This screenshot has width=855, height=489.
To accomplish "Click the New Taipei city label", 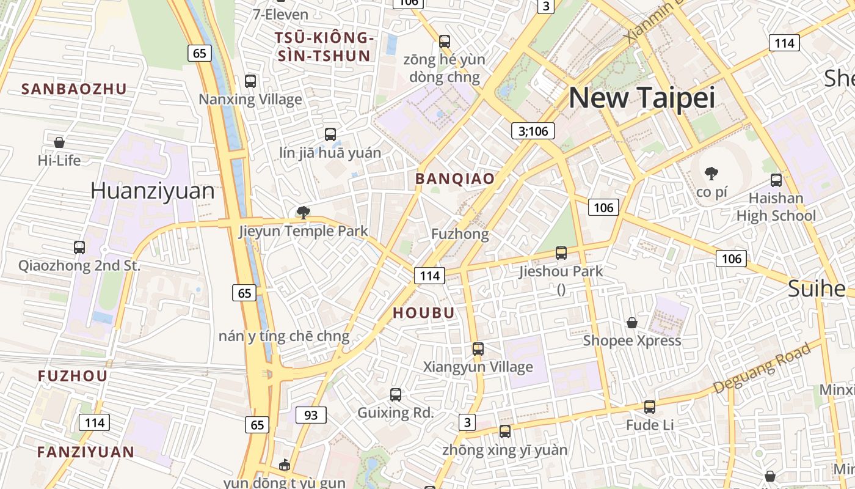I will [641, 98].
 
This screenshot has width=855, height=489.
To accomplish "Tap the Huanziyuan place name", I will [152, 191].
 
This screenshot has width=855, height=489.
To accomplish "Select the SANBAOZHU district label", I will [74, 89].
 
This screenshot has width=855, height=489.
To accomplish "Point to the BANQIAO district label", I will [454, 178].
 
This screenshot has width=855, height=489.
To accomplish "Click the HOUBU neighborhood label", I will [423, 313].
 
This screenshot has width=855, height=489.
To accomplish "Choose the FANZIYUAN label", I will [85, 452].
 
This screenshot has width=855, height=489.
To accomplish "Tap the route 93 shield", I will [311, 415].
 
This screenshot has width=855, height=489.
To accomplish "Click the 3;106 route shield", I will [533, 131].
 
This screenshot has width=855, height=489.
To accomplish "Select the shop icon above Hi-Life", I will [59, 142].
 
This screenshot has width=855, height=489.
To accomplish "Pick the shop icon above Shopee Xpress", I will [632, 322].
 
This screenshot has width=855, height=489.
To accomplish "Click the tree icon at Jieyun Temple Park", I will [303, 213].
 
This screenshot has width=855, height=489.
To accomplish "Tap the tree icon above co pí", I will [711, 174].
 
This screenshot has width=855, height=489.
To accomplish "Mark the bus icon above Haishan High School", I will [776, 180].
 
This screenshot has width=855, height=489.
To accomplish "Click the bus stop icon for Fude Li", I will [650, 406].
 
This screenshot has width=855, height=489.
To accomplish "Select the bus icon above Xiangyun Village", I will [478, 349].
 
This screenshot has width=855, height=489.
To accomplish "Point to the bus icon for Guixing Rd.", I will [396, 395].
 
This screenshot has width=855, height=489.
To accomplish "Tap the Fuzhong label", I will [460, 234].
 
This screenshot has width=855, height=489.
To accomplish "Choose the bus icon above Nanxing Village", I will [250, 81].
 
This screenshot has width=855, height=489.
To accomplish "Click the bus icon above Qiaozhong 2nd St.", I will [79, 248].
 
